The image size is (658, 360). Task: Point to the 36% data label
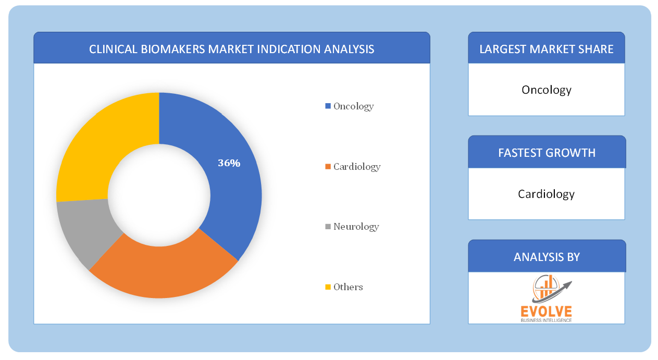pos(229,163)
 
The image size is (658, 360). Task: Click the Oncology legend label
pos(353,106)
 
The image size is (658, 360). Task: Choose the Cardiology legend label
pos(357,167)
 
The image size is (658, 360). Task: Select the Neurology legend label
pos(356,227)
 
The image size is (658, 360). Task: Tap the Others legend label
pos(348,287)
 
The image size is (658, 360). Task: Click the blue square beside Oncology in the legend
pos(328,106)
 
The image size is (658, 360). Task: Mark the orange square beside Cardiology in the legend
pos(328,167)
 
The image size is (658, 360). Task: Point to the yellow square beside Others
pos(328,287)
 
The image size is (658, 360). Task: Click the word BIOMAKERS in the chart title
pos(173,49)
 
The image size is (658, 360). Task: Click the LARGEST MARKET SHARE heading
pos(547,49)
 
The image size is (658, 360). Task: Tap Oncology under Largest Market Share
pos(547,90)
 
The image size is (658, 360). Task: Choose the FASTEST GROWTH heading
pos(547,153)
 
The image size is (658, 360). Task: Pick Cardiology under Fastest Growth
pos(546,194)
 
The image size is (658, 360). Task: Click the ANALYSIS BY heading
pos(547,257)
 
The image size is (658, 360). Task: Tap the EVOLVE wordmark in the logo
pos(546,312)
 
